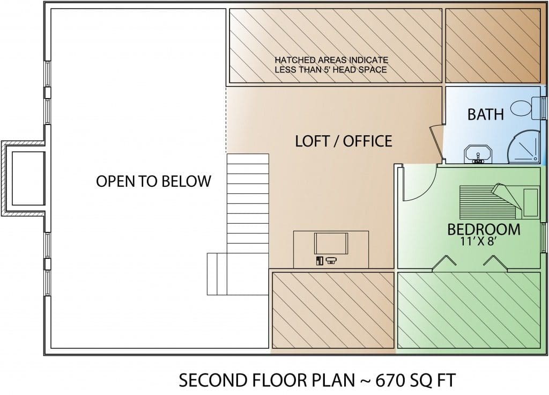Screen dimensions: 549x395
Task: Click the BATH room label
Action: (x=486, y=114)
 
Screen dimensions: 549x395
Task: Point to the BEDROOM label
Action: (x=484, y=229)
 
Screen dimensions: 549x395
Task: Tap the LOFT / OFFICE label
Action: (x=344, y=141)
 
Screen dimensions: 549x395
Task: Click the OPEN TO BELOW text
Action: (x=154, y=181)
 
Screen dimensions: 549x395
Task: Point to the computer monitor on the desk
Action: (x=331, y=243)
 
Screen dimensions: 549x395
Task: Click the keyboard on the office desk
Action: (x=331, y=260)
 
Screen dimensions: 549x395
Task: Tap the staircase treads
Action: (x=248, y=203)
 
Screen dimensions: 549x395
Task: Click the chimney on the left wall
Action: (x=23, y=178)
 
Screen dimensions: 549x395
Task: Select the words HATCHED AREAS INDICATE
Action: (x=331, y=60)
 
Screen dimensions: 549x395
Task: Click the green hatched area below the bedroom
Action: (x=469, y=310)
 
